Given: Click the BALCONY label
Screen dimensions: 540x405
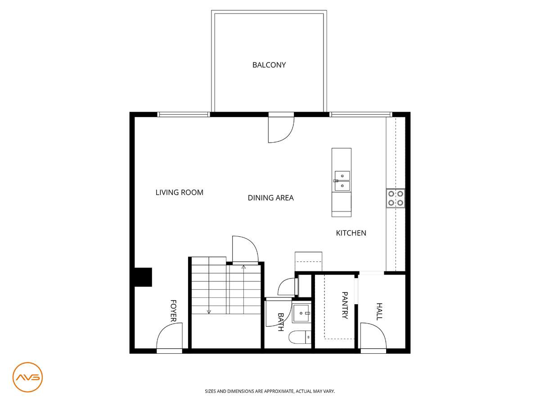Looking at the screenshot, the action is [x=269, y=65].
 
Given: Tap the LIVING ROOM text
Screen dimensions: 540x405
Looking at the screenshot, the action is [x=180, y=192].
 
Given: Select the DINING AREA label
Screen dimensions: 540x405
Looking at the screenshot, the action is [x=270, y=198].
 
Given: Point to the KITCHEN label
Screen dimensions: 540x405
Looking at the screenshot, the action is [x=351, y=233].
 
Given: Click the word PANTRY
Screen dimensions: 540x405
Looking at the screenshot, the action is [x=345, y=305].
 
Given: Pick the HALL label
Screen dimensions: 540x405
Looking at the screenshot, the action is [x=379, y=311].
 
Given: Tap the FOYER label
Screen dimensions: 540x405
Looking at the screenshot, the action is [x=173, y=311].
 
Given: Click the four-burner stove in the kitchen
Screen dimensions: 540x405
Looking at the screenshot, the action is [x=396, y=198].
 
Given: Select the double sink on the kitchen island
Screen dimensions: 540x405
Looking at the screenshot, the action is [x=342, y=181].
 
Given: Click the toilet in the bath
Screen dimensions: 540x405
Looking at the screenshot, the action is [x=300, y=337].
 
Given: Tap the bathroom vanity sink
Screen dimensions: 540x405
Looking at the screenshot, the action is [x=301, y=313].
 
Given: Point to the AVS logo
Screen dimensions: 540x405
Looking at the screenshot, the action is [x=27, y=377].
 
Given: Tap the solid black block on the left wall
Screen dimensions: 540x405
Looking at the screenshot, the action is [x=143, y=277].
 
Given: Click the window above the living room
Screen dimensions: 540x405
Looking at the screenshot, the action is [x=184, y=114].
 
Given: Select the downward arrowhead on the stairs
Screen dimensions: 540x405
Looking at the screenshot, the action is [x=209, y=312].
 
